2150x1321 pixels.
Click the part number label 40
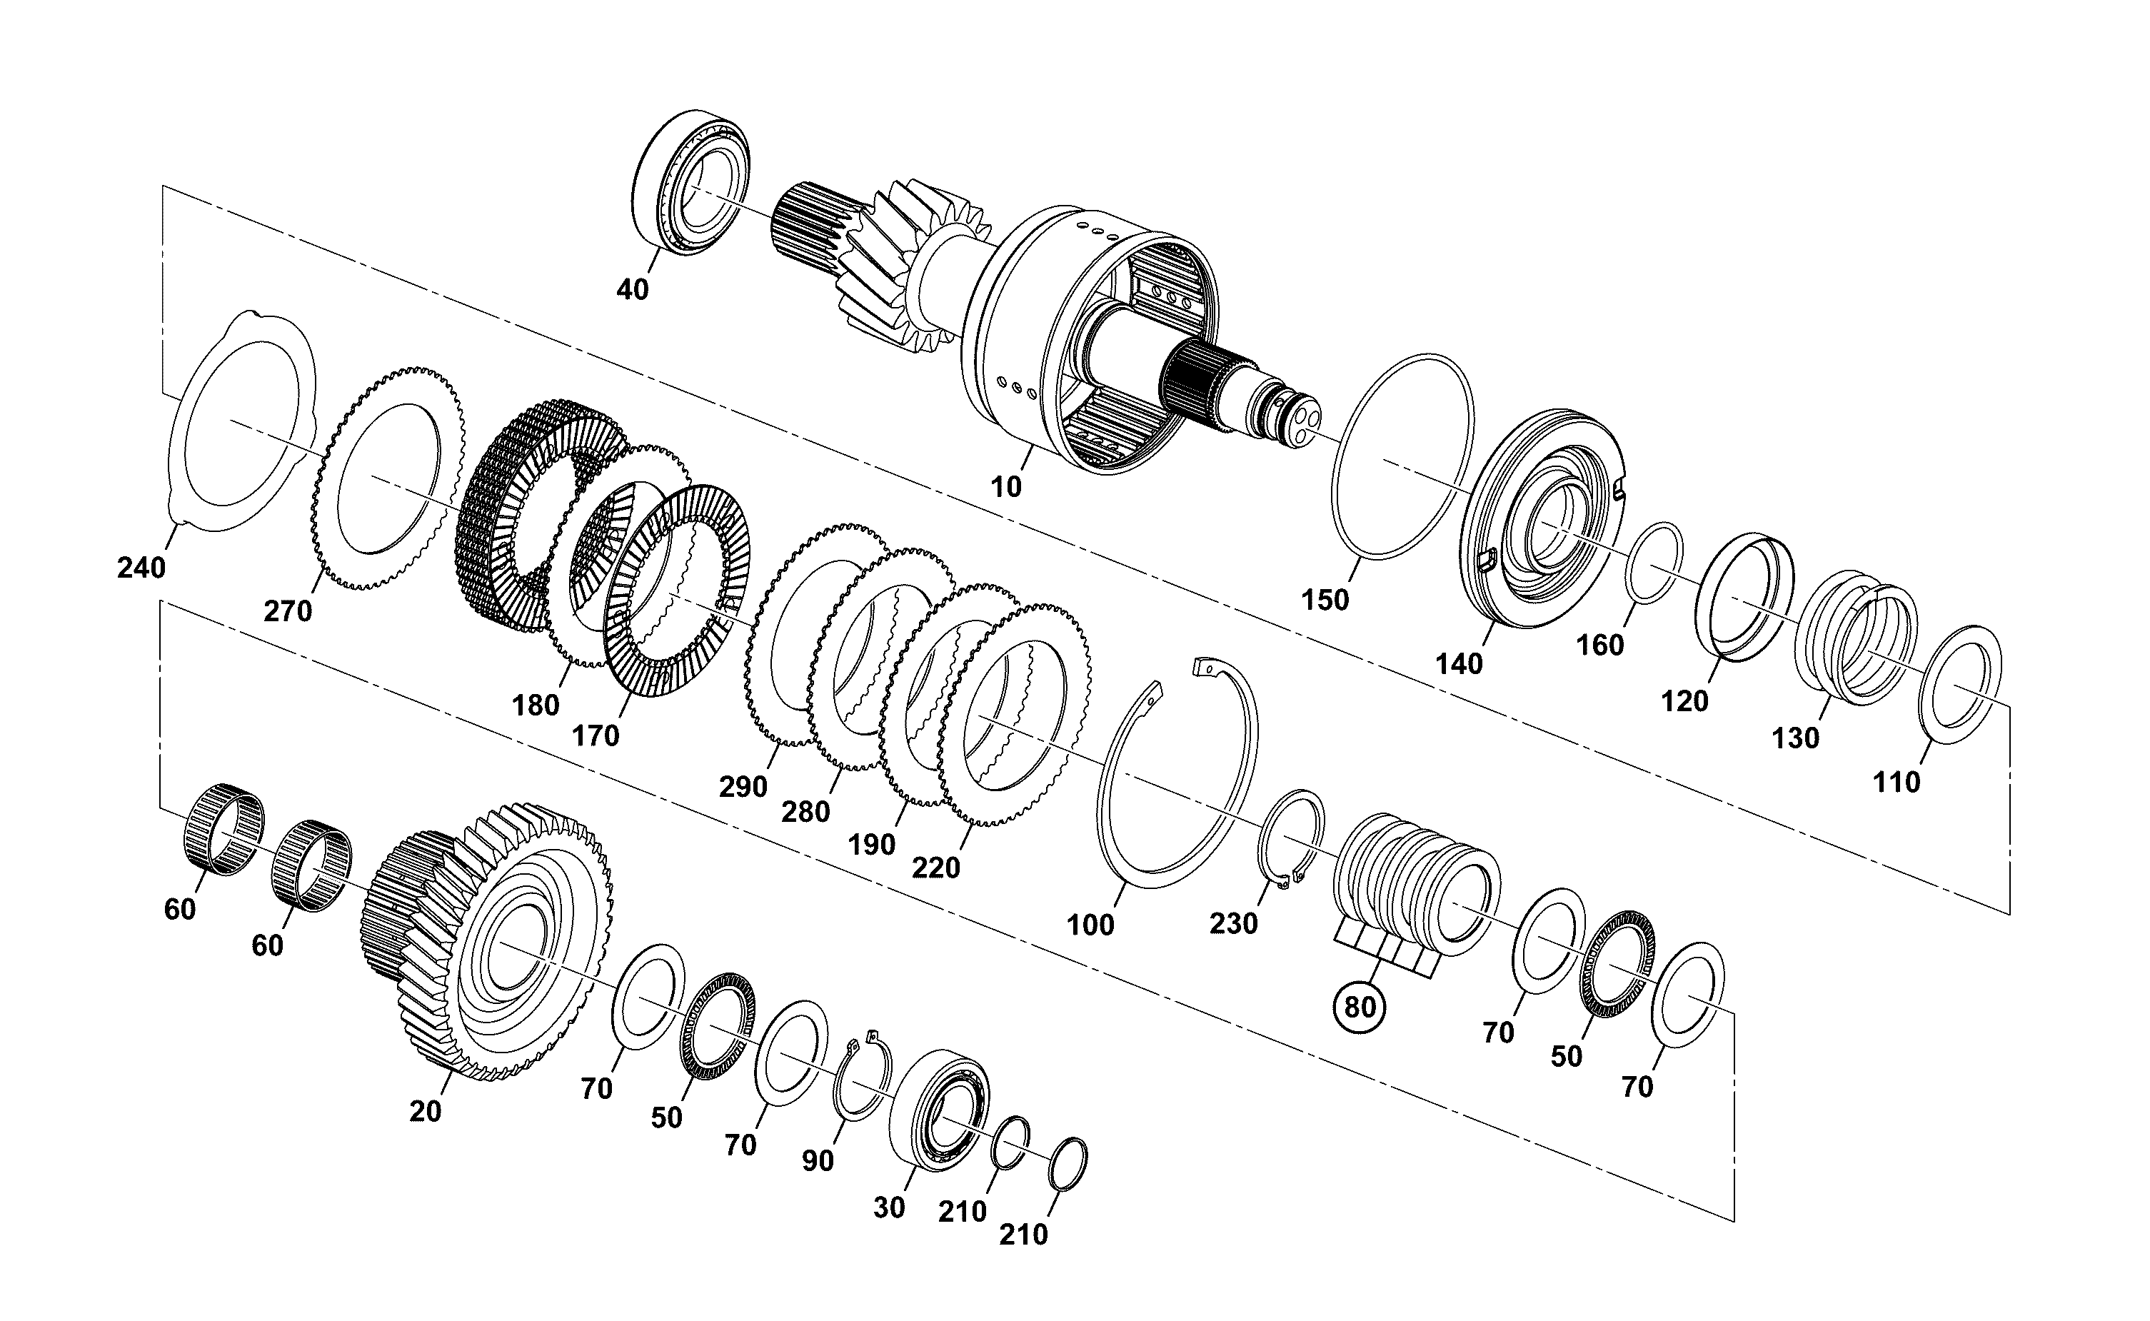(x=633, y=289)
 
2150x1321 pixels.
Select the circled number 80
(x=1360, y=1008)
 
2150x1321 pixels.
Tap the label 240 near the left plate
(x=141, y=568)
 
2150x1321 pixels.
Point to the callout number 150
(x=1325, y=601)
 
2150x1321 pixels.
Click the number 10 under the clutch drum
(x=1005, y=487)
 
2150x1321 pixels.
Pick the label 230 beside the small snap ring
(x=1234, y=923)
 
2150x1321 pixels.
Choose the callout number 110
(x=1896, y=782)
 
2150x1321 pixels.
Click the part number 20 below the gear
(x=426, y=1111)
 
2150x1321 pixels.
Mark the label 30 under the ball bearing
(x=890, y=1207)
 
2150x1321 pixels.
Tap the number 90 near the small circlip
(x=818, y=1160)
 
